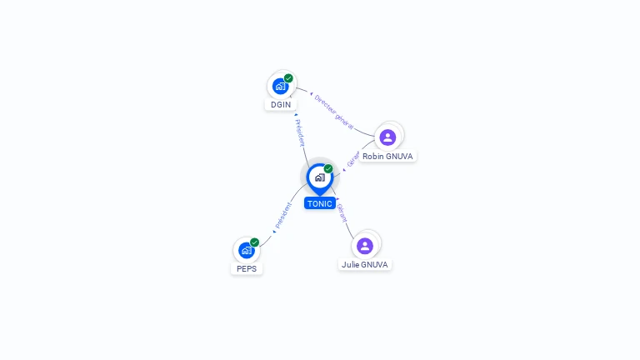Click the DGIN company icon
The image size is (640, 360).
point(281,86)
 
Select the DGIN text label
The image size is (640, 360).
point(281,105)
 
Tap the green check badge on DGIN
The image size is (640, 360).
point(288,78)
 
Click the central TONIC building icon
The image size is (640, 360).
point(319,177)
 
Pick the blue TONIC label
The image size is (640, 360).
point(319,203)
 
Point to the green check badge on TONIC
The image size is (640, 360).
point(328,168)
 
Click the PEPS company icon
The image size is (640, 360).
point(246,250)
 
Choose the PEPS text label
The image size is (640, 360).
point(247,269)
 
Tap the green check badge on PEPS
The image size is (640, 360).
point(254,242)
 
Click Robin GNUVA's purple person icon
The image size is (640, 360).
point(387,137)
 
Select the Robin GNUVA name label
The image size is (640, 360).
point(387,157)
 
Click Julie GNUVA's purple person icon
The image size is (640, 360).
point(365,246)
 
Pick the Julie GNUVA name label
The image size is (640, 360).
point(365,265)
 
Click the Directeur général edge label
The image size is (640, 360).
point(334,111)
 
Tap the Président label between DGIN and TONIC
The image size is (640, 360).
point(300,132)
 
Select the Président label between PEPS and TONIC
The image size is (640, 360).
point(284,216)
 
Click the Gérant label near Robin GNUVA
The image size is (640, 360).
point(353,159)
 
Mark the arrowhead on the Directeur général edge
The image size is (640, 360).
point(311,94)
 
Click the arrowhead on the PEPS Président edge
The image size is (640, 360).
point(273,231)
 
